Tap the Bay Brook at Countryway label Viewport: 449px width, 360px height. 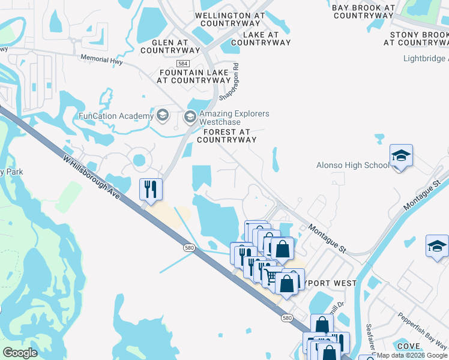pyautogui.click(x=363, y=11)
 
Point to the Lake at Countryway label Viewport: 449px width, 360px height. pyautogui.click(x=261, y=38)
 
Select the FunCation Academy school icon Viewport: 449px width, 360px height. pyautogui.click(x=162, y=115)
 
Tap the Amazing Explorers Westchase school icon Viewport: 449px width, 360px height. pyautogui.click(x=191, y=116)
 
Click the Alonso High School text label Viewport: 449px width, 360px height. pyautogui.click(x=353, y=166)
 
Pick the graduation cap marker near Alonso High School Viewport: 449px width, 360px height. pyautogui.click(x=401, y=157)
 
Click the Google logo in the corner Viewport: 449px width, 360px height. pyautogui.click(x=20, y=353)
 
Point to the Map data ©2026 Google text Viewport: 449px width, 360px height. pyautogui.click(x=412, y=355)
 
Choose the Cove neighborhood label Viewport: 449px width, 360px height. pyautogui.click(x=408, y=346)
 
